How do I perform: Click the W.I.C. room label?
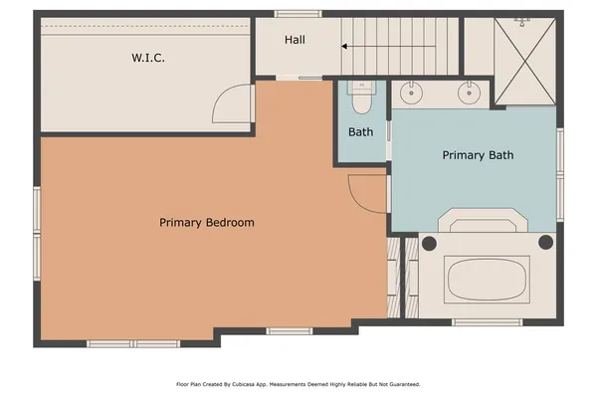pos(148,58)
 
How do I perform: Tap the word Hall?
pos(295,40)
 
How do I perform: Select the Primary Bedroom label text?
pos(207,223)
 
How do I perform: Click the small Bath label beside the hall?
pos(360,132)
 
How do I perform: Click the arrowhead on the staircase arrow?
pos(345,46)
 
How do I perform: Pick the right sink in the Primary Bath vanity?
pos(468,94)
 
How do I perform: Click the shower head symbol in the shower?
pos(521,20)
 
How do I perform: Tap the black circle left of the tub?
pos(429,242)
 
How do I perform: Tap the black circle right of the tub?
pos(545,242)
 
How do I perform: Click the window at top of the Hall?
pos(297,13)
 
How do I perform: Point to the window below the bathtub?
pos(488,321)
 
